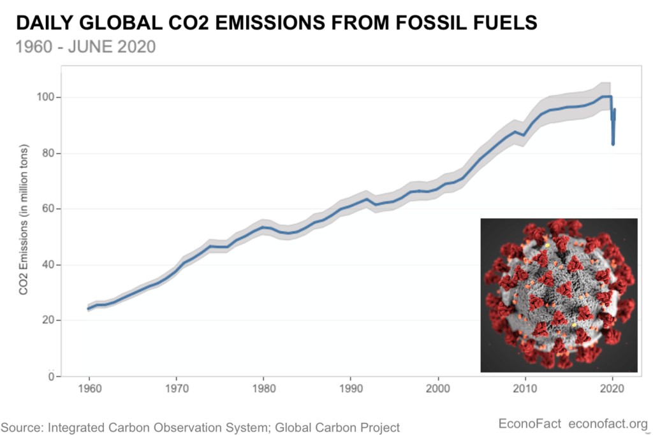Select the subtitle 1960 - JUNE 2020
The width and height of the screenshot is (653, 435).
point(85,46)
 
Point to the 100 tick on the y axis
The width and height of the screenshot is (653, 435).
point(46,97)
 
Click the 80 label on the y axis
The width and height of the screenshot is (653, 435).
point(48,153)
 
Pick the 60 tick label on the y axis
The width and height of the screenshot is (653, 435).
point(48,208)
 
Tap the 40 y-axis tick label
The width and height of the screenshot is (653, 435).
point(48,264)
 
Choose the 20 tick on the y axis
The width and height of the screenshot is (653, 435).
point(48,320)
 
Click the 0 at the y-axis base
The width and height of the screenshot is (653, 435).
point(52,376)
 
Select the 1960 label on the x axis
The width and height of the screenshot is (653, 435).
point(89,389)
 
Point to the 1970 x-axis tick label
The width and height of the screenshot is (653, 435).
point(177,389)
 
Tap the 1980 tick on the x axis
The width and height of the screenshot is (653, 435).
point(263,389)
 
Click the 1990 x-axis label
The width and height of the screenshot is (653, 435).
point(351,389)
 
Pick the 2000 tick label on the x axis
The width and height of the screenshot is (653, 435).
point(438,389)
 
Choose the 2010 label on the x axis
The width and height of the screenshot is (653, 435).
point(525,389)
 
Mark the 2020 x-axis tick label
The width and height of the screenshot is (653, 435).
point(612,389)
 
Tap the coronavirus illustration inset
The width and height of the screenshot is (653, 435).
point(559,296)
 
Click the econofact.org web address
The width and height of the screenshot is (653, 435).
point(608,424)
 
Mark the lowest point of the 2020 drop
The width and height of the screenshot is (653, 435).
point(613,144)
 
